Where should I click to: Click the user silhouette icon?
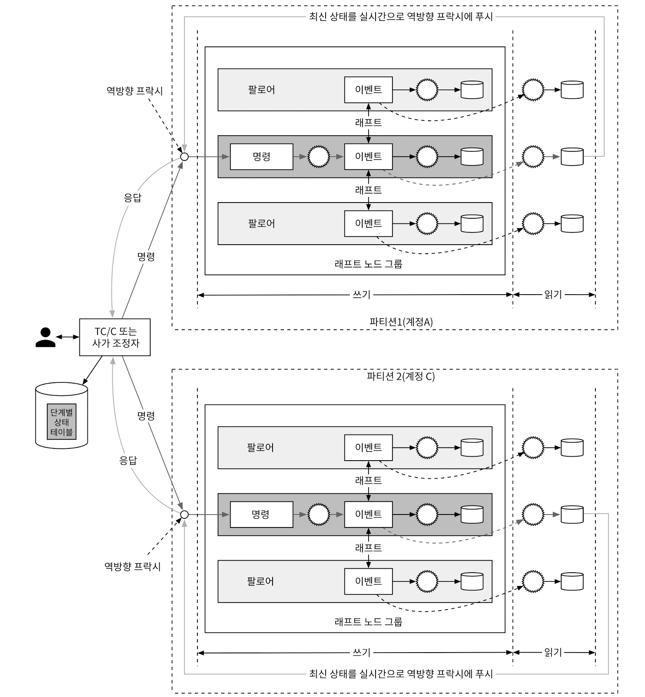pyautogui.click(x=45, y=337)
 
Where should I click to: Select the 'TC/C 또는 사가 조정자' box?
pyautogui.click(x=115, y=337)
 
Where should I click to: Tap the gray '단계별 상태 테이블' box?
pyautogui.click(x=61, y=421)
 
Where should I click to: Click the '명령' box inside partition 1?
pyautogui.click(x=262, y=157)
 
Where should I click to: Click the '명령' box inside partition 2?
pyautogui.click(x=262, y=514)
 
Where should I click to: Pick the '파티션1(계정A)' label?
pyautogui.click(x=401, y=322)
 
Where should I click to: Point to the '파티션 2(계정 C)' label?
pyautogui.click(x=401, y=376)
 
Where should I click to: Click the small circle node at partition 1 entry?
pyautogui.click(x=184, y=157)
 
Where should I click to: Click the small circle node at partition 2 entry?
pyautogui.click(x=184, y=514)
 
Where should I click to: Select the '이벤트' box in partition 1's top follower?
pyautogui.click(x=369, y=90)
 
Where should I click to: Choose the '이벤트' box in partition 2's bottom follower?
pyautogui.click(x=369, y=581)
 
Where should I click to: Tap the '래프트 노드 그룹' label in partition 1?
pyautogui.click(x=369, y=264)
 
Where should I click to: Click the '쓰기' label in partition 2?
pyautogui.click(x=361, y=653)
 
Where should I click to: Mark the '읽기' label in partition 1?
pyautogui.click(x=553, y=295)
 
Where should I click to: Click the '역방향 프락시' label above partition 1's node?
pyautogui.click(x=135, y=91)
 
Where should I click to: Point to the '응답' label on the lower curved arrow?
pyautogui.click(x=128, y=461)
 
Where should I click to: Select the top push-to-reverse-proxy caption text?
pyautogui.click(x=401, y=17)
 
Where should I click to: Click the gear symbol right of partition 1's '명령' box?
pyautogui.click(x=319, y=157)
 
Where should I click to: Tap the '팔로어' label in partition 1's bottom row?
pyautogui.click(x=262, y=223)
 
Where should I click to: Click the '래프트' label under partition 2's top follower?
pyautogui.click(x=369, y=480)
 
